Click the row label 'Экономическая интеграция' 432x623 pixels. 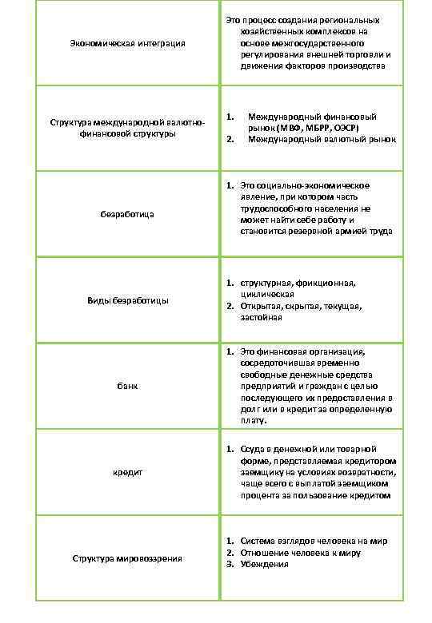[128, 42]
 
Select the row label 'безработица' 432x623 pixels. [128, 215]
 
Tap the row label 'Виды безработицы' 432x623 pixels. [128, 300]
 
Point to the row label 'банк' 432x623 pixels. [128, 387]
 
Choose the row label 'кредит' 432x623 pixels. [128, 473]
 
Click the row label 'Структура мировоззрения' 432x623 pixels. [128, 558]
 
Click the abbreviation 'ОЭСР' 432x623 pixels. [343, 128]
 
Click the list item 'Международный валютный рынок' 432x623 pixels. [322, 140]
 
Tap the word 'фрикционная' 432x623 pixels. [327, 283]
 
